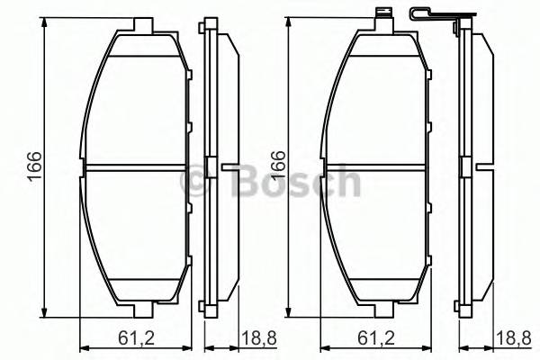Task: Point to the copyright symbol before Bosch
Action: coord(195,184)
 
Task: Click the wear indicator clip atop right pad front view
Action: coord(383,15)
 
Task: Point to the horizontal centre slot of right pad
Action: coord(378,166)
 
